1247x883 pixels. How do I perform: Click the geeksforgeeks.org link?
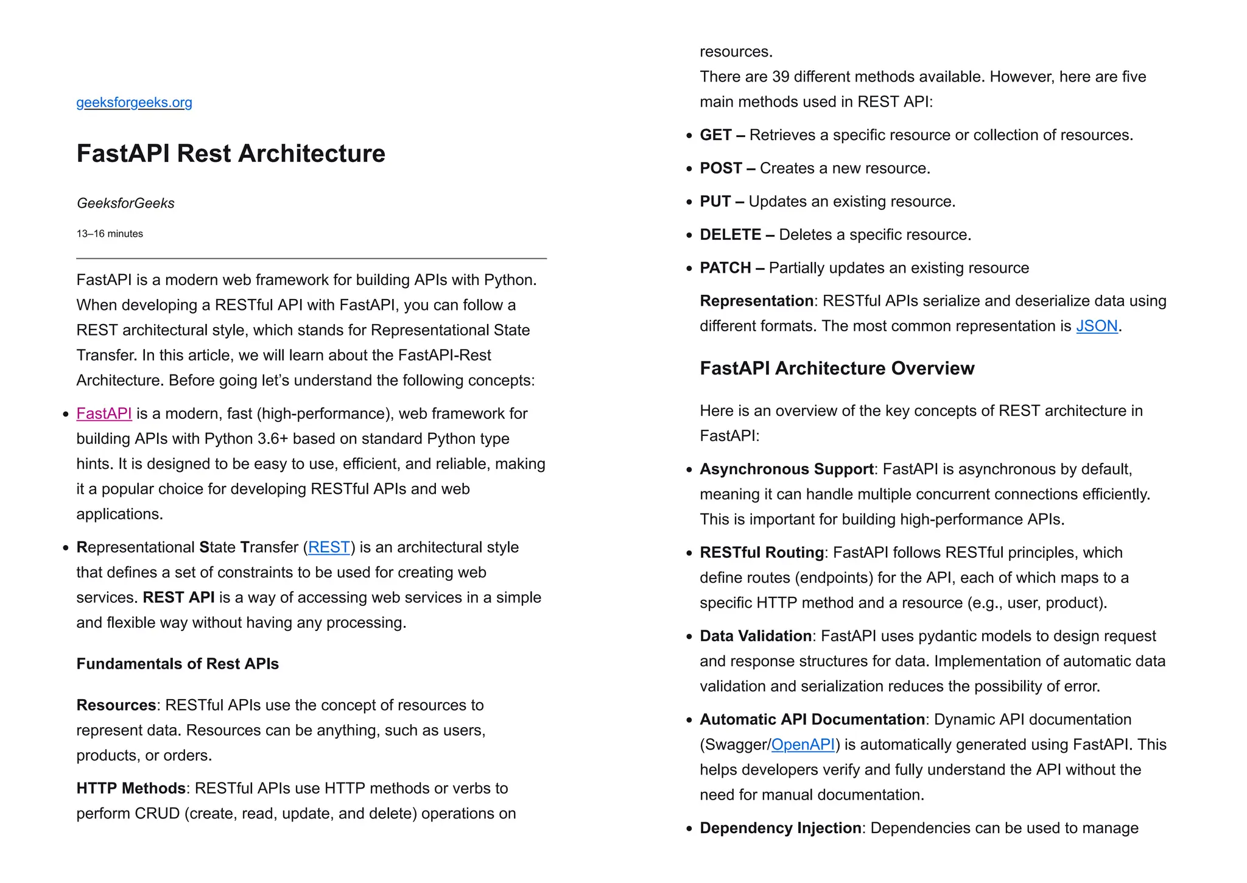(134, 102)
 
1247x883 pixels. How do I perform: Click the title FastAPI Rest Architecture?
(231, 153)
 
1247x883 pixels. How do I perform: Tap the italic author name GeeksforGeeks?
(125, 203)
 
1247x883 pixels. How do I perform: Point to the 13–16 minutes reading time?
(110, 234)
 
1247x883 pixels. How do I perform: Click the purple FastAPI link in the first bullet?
(104, 414)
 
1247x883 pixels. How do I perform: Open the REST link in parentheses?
(329, 547)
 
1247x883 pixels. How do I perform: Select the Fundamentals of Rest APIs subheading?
(177, 664)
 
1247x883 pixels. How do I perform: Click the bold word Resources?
(116, 705)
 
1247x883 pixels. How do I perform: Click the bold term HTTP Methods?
(131, 789)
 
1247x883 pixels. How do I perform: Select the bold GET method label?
(715, 135)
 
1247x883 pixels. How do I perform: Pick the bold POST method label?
(721, 169)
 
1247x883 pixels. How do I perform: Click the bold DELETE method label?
(731, 235)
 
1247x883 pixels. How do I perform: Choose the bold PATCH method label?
(725, 269)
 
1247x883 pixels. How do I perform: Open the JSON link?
(1097, 326)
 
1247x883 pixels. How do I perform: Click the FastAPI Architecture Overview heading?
(837, 368)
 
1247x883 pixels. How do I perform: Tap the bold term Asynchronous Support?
(787, 470)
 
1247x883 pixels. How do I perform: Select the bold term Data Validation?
(756, 636)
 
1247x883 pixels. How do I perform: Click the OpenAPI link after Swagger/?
(803, 745)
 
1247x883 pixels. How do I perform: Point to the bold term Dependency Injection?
(781, 828)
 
